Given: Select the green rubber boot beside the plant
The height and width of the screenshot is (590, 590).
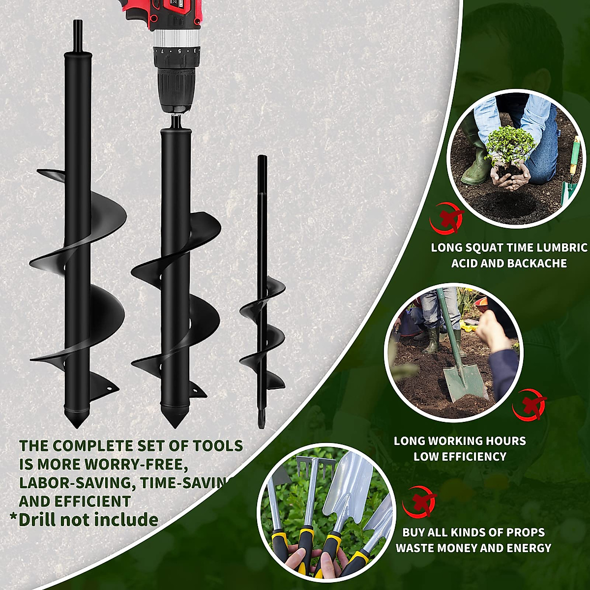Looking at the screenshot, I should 476,165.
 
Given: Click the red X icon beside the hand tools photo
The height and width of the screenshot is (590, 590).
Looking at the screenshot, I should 419,501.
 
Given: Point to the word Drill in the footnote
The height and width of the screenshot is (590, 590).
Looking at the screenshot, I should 44,520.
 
